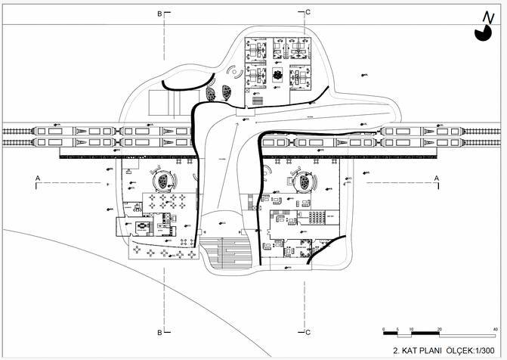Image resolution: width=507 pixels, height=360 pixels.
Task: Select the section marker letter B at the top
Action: (159, 14)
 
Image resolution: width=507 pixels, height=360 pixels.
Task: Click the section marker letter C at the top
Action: (308, 13)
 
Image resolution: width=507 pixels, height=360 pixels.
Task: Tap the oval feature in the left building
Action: (162, 182)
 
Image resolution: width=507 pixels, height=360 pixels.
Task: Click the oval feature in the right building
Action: (303, 182)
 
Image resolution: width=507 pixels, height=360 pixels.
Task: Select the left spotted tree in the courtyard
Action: (212, 95)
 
